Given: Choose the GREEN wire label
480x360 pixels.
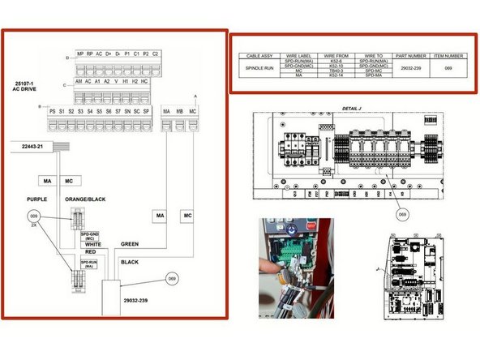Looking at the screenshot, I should point(130,243).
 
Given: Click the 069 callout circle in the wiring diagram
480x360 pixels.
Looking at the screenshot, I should point(171,278).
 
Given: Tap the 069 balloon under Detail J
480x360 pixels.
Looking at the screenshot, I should point(403,214).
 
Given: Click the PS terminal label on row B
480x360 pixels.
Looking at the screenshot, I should point(53,110).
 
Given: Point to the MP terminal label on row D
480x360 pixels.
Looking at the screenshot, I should point(80,54).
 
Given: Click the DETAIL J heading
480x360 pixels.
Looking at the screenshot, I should point(352,109).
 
